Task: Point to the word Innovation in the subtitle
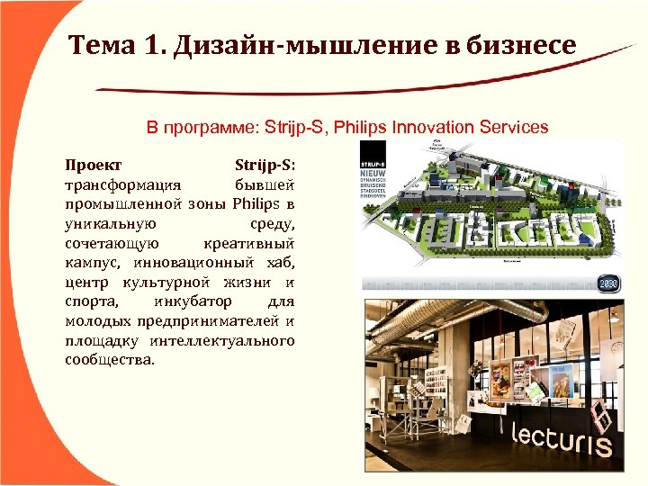click(x=427, y=127)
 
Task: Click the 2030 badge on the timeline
click(x=609, y=284)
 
